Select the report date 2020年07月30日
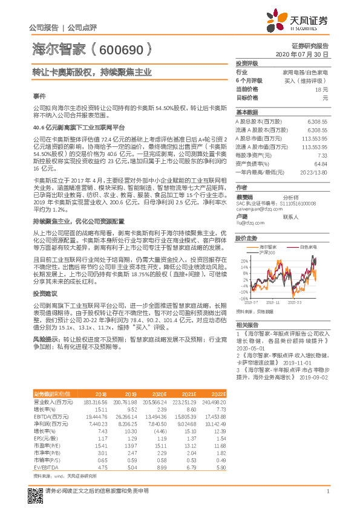(302, 54)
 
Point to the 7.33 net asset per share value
(322, 155)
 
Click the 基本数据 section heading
(247, 113)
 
